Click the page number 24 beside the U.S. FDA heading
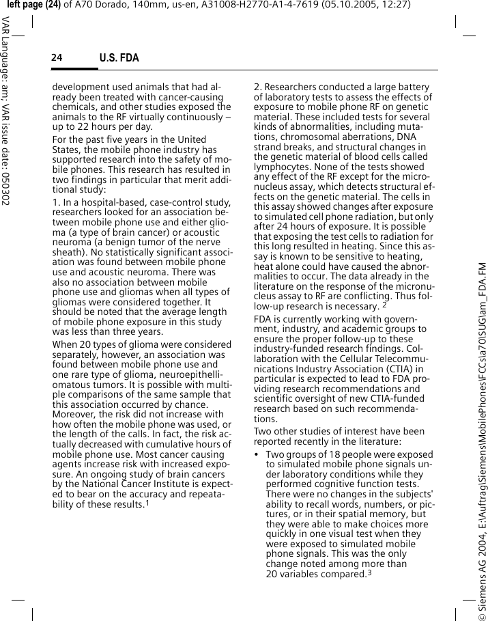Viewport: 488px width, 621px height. [x=56, y=58]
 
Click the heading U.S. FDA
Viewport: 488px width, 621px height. [x=119, y=58]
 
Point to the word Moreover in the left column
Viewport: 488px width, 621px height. [x=73, y=414]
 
